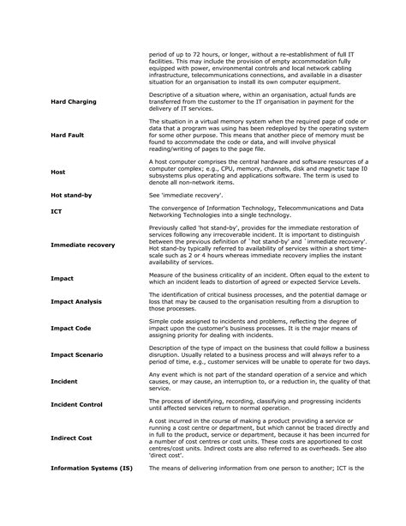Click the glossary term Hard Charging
(x=74, y=102)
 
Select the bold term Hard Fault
(x=69, y=136)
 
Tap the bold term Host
(x=58, y=172)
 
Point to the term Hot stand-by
(x=71, y=196)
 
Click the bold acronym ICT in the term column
(x=57, y=210)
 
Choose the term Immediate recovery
(x=82, y=245)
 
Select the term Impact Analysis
(x=77, y=302)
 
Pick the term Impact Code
(x=72, y=329)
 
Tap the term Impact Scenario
(x=80, y=354)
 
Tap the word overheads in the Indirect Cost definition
(x=328, y=447)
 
